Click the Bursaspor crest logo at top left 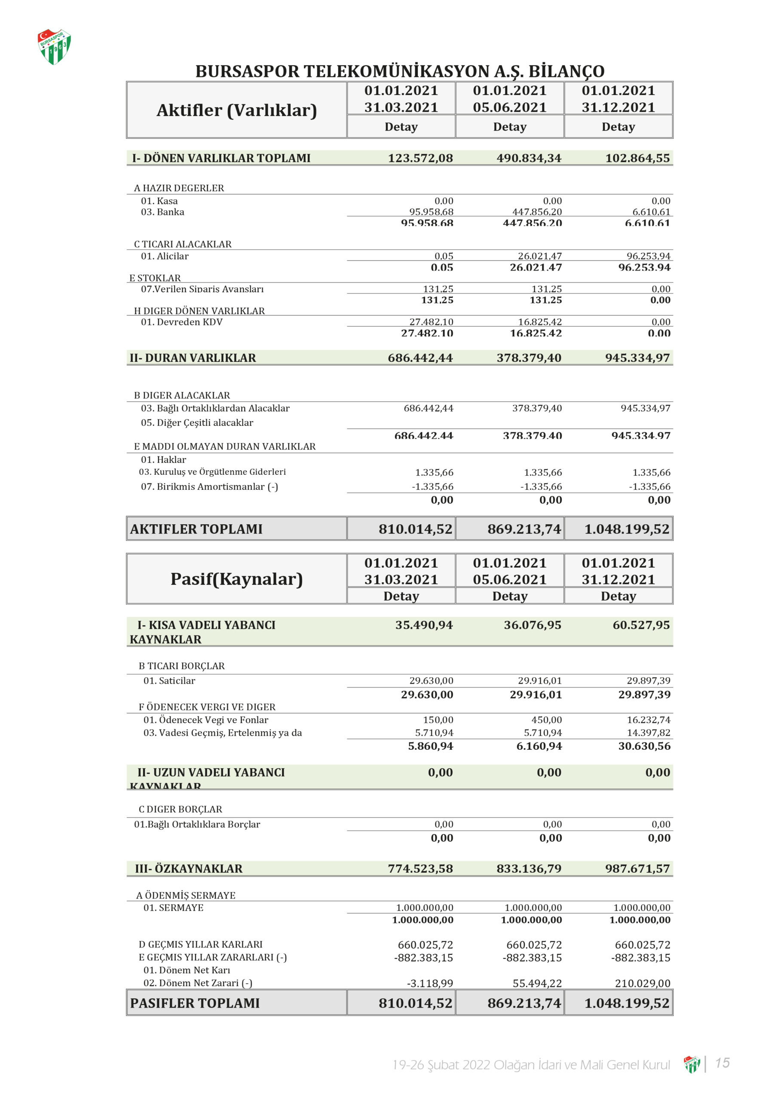(54, 46)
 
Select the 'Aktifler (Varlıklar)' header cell (236, 110)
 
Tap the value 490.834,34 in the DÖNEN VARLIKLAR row (529, 158)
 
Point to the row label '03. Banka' (162, 212)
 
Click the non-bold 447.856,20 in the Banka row (537, 211)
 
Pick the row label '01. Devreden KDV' (182, 322)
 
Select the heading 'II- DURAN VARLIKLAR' (193, 358)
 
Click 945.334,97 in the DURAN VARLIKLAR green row (637, 358)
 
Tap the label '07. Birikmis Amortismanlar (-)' (209, 487)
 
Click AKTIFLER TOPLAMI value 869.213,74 (524, 529)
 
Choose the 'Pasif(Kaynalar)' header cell (236, 579)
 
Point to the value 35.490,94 (424, 625)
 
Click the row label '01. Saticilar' (169, 681)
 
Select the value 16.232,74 (648, 720)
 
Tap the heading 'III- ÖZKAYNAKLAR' (188, 868)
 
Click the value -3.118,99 (429, 983)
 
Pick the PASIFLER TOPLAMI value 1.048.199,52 (627, 1003)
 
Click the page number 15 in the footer (722, 1063)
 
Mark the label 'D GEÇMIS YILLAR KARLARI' (200, 944)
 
